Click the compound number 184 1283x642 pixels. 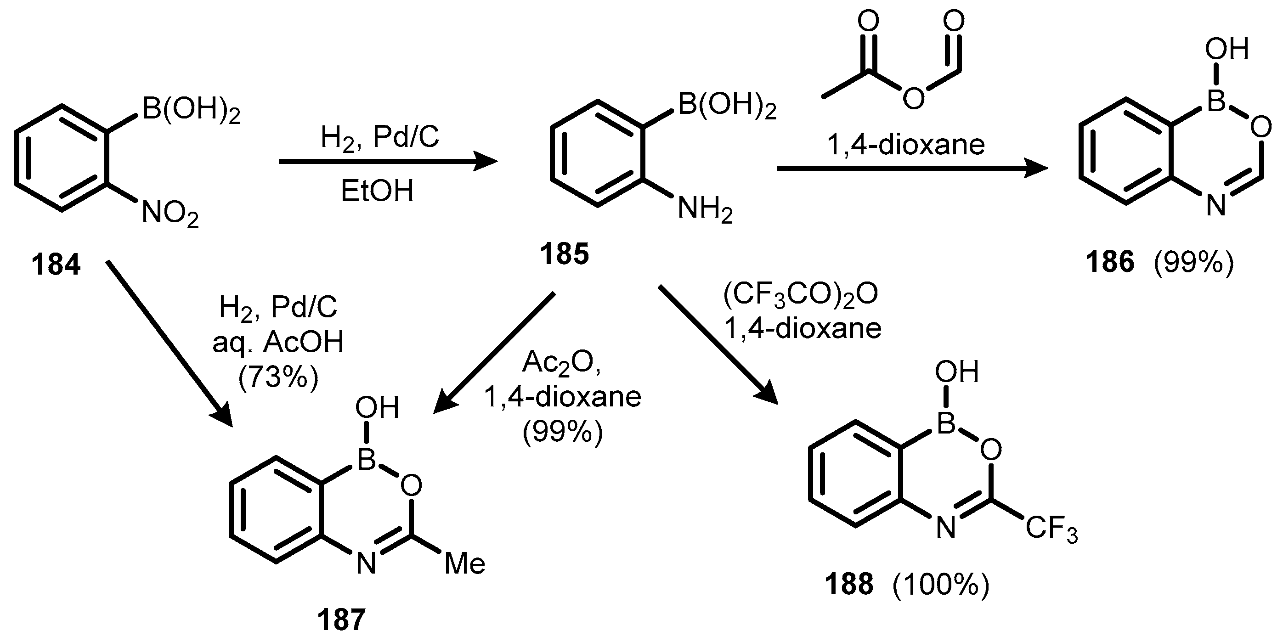56,265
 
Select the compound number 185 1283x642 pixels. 564,253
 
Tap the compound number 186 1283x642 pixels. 1110,261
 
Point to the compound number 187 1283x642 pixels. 341,619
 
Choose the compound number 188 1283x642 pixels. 849,584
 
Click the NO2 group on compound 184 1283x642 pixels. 170,214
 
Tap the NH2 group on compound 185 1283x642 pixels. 705,209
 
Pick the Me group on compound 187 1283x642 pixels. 464,564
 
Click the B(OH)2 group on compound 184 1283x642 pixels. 191,110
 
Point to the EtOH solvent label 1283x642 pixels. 377,191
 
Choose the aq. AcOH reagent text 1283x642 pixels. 278,343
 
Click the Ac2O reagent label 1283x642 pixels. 561,363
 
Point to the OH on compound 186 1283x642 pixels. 1226,50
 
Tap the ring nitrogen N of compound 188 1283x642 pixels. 946,528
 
